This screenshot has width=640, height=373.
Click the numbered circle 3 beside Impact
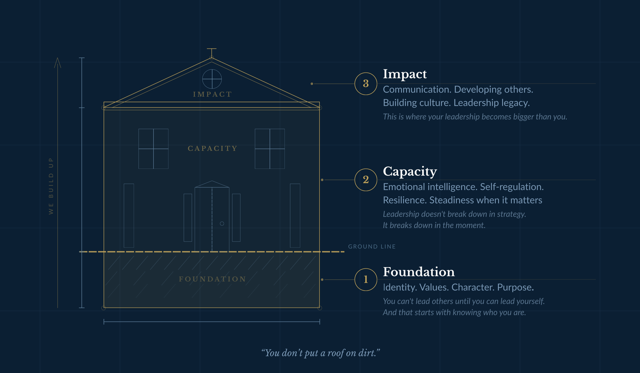pos(366,84)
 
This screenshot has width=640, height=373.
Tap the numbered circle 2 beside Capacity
pos(366,180)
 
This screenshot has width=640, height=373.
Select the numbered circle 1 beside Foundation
pos(366,279)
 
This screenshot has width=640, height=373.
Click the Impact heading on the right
pos(405,74)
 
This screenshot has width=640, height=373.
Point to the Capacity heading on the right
pos(410,171)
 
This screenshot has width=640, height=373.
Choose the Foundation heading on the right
pos(419,272)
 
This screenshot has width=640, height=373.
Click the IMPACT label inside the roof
pos(212,94)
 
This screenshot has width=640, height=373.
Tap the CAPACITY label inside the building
pos(212,148)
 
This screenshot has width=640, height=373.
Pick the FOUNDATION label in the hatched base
pos(212,279)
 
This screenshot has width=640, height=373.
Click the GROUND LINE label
pos(372,247)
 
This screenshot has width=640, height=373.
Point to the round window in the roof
pos(212,79)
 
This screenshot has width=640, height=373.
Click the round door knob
pos(222,224)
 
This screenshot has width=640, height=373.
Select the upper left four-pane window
pos(153,149)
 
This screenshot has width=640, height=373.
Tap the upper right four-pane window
pos(270,149)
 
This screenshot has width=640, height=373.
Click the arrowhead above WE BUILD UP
pos(58,63)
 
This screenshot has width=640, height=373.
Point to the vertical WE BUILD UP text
pos(51,186)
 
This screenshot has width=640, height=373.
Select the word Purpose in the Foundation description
pos(515,288)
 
